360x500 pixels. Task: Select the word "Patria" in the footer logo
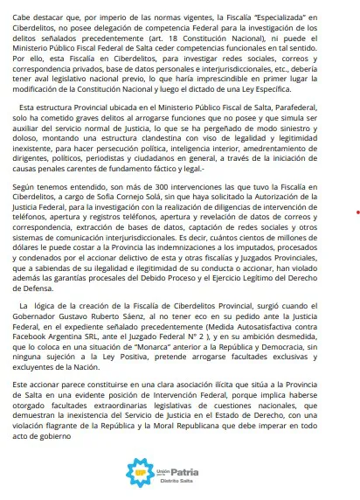click(x=183, y=473)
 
